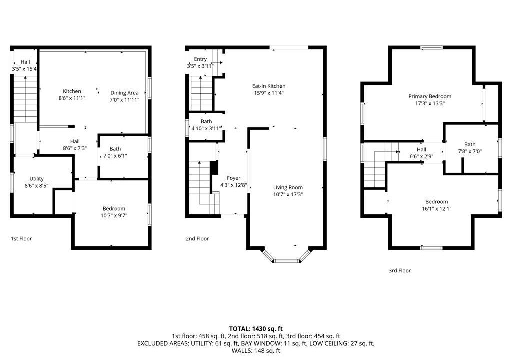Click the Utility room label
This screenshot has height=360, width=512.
click(x=36, y=179)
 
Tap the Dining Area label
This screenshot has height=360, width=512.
click(x=124, y=93)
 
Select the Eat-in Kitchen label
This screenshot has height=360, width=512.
click(x=269, y=86)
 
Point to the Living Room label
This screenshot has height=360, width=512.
click(x=288, y=187)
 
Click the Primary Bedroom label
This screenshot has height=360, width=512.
click(x=430, y=96)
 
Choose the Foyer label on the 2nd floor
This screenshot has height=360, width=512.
click(x=234, y=178)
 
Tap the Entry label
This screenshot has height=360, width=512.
click(x=200, y=59)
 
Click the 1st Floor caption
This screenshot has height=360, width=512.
click(x=21, y=239)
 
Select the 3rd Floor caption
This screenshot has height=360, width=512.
click(x=399, y=271)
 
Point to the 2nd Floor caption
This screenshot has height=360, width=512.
click(x=197, y=239)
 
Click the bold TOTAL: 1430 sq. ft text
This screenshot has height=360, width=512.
click(x=256, y=329)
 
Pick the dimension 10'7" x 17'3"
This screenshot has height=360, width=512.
click(x=288, y=194)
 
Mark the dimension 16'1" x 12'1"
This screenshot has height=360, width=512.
click(x=436, y=209)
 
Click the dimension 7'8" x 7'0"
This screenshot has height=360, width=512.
click(x=470, y=151)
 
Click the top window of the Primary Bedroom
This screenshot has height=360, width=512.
click(x=431, y=47)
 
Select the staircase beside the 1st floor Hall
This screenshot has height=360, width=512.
click(x=25, y=99)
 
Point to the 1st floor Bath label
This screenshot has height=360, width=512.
click(x=115, y=149)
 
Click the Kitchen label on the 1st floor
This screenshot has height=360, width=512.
click(x=72, y=91)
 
